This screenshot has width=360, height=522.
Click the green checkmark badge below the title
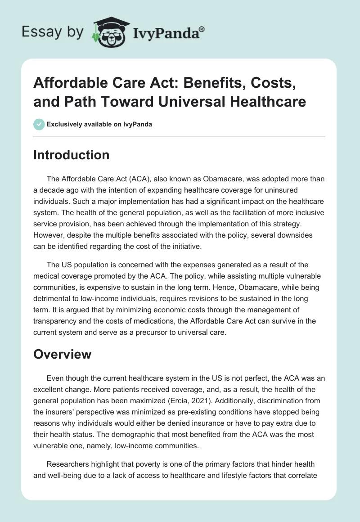click(39, 124)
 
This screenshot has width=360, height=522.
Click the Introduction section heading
click(72, 155)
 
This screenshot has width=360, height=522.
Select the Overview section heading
click(63, 354)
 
